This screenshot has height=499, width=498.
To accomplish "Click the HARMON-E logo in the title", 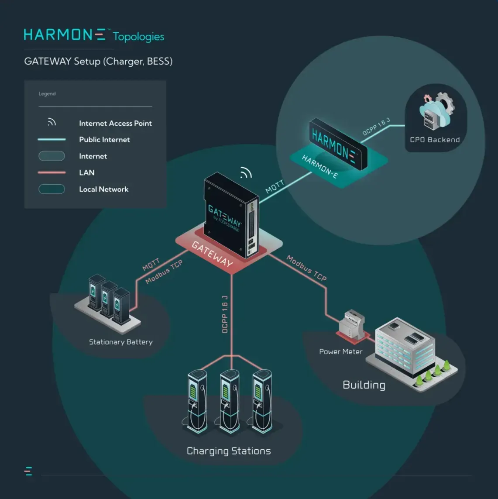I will pos(65,35).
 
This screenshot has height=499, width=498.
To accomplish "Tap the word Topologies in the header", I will pos(138,37).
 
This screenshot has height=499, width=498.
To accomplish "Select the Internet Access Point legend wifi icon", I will pos(52,122).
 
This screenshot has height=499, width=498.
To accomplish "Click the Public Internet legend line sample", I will pos(52,140).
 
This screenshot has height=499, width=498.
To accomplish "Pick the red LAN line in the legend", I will pos(52,172).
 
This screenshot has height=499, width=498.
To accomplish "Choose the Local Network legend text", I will pos(103,189).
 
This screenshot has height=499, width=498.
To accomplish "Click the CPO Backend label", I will pos(435,140).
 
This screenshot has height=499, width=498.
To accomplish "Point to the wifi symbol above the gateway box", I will pos(246,173).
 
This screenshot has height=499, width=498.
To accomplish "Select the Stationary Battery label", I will pos(121,342).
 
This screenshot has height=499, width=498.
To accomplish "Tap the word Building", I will pos(364,385).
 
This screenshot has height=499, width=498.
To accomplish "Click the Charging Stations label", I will pos(229,451).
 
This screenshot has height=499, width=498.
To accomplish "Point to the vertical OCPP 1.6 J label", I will pos(225,314).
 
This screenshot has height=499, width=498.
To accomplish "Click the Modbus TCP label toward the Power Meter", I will pos(306,268).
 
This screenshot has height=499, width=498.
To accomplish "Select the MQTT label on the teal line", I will pos(275,186).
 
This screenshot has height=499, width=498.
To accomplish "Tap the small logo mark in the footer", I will pos(28,471).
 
